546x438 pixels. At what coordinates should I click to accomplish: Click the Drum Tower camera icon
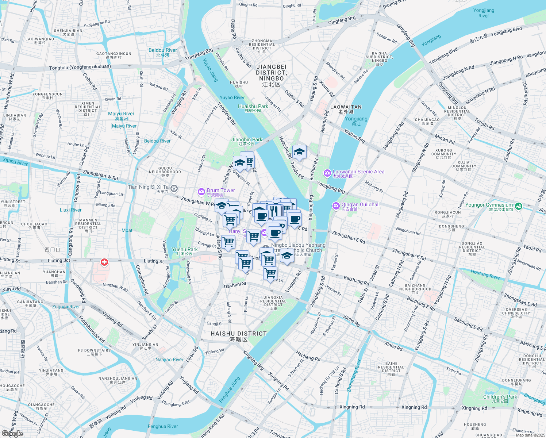(201, 192)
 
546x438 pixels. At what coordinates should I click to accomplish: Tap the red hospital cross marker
(104, 262)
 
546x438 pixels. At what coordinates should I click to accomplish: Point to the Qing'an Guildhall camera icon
(336, 206)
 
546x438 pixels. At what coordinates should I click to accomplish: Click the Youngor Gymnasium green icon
(519, 206)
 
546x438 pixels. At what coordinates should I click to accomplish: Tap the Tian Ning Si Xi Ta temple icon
(174, 188)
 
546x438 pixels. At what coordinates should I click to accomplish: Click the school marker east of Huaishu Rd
(299, 152)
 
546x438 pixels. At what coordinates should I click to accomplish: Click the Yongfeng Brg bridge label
(199, 55)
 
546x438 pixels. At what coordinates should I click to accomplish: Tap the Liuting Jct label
(59, 261)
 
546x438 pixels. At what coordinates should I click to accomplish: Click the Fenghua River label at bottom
(163, 426)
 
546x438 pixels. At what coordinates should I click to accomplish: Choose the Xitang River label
(15, 162)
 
